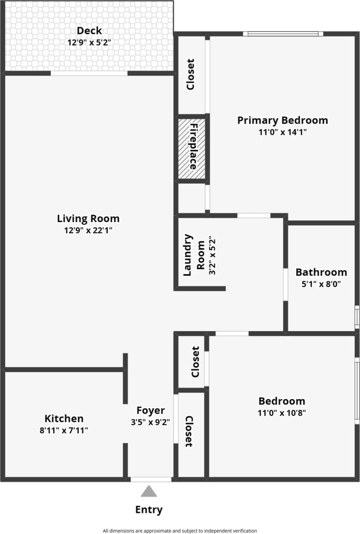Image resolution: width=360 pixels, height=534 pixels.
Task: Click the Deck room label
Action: (89, 31)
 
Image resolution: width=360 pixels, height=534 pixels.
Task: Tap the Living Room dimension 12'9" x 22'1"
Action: (88, 231)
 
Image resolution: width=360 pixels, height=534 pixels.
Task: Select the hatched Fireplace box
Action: (192, 148)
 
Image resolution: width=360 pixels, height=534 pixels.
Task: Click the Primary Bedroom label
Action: (282, 120)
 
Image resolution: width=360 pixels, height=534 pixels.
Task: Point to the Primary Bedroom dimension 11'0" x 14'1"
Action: (282, 132)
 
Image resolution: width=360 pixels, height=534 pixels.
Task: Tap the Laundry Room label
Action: (194, 255)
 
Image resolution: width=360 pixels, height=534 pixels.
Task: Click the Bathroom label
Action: (321, 272)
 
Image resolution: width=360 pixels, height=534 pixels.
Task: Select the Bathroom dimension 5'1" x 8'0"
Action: (321, 284)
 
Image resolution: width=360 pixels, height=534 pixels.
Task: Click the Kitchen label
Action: (64, 419)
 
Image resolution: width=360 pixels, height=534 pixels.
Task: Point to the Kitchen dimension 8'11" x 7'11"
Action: (64, 430)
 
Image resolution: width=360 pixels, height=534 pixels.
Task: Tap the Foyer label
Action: (151, 410)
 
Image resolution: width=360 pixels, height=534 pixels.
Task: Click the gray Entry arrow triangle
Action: (149, 492)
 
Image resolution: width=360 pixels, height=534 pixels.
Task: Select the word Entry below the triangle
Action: (149, 510)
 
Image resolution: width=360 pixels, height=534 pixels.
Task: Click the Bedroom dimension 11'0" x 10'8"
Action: (282, 413)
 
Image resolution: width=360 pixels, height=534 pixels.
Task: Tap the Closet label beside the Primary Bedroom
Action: (191, 74)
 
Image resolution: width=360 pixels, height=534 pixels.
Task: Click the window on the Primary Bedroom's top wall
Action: (283, 34)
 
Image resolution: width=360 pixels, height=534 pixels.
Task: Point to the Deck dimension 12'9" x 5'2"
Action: (89, 43)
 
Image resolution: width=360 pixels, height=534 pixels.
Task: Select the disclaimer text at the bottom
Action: (180, 531)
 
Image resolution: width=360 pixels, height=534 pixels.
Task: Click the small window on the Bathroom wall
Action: (357, 317)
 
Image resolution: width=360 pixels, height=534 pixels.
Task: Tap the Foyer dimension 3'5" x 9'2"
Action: (151, 422)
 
